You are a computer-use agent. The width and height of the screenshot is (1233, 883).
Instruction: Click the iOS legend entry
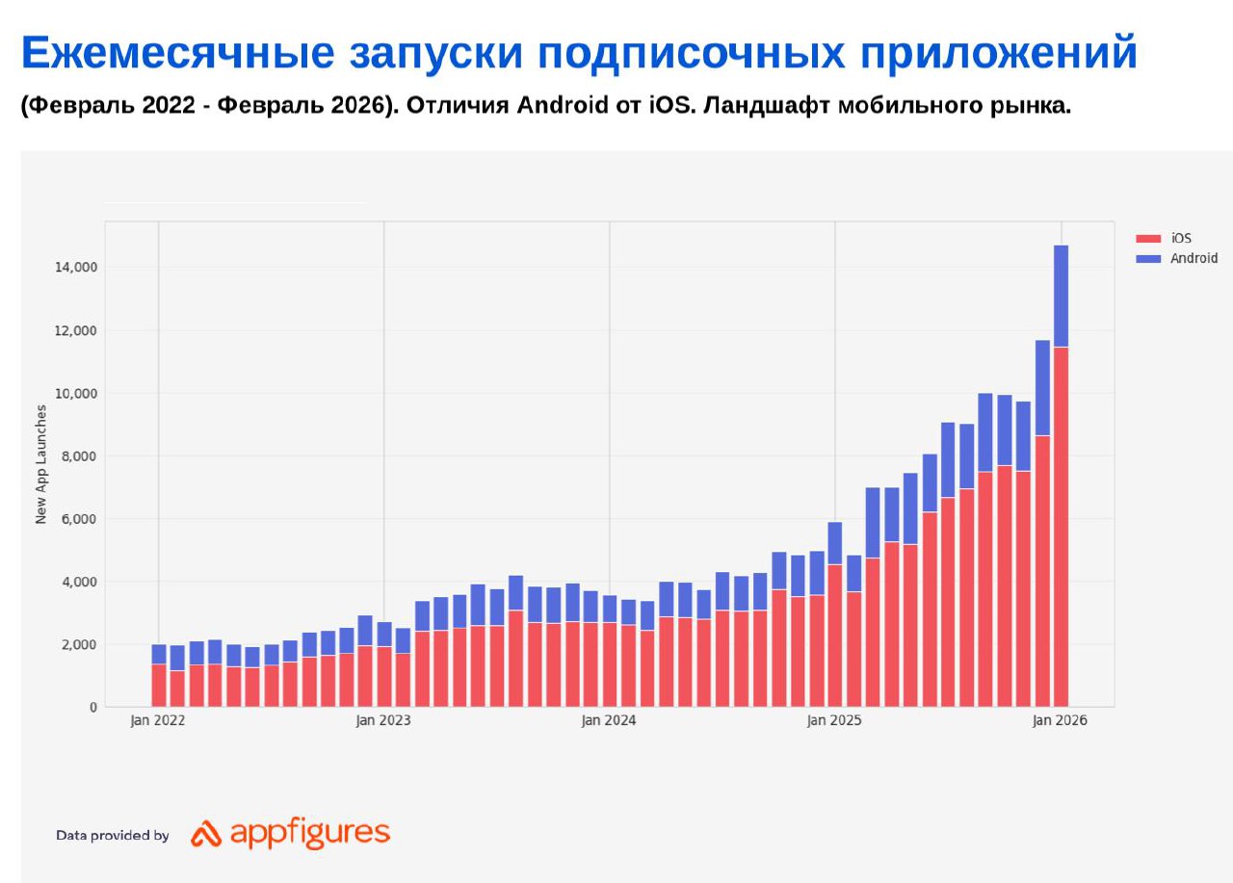pos(1181,238)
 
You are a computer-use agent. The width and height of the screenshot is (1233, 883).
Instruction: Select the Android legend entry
pos(1194,258)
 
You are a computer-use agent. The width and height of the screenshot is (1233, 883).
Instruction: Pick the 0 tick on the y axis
pos(93,708)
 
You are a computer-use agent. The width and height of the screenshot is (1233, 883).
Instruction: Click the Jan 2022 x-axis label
pos(157,720)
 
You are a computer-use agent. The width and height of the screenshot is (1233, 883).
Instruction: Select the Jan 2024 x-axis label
pos(609,720)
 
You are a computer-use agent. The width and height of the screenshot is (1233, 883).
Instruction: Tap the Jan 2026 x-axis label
pos(1060,720)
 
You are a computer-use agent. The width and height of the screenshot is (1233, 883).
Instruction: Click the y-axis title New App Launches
pos(41,464)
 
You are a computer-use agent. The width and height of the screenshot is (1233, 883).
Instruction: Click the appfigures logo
pos(291,834)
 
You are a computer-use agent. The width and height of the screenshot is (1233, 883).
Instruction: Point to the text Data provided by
pos(113,836)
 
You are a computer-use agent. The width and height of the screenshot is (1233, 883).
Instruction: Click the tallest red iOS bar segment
pos(1061,527)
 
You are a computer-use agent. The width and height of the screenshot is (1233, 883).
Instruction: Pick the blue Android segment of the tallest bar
pos(1061,296)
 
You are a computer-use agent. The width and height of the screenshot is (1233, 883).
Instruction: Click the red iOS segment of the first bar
pos(159,686)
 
